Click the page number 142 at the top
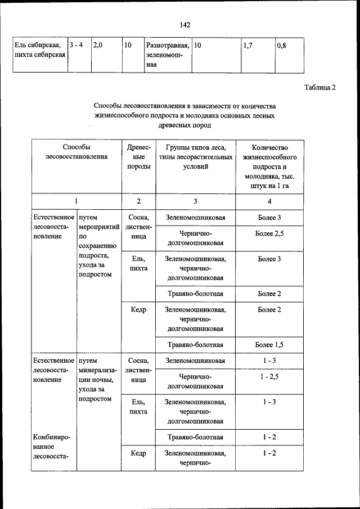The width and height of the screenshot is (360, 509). click(185, 25)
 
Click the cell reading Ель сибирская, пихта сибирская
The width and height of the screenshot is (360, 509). click(38, 49)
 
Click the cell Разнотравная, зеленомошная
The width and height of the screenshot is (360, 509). click(166, 54)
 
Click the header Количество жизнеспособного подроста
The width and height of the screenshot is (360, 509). click(269, 166)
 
